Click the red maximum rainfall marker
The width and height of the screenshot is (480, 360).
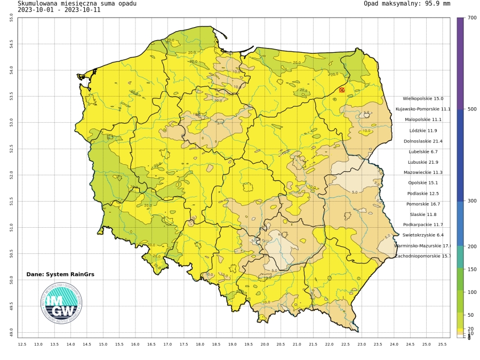(342, 90)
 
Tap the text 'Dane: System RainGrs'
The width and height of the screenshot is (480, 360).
(60, 274)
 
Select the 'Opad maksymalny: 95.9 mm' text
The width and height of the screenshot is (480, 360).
(407, 3)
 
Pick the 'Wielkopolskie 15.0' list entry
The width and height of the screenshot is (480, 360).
(423, 99)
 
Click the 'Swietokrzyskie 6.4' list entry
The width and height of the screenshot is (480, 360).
(423, 235)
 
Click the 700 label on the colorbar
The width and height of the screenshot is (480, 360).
(471, 18)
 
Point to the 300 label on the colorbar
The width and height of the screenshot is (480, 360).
(471, 201)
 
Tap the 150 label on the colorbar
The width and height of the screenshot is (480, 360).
(471, 269)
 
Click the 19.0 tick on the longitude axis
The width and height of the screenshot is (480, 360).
(233, 345)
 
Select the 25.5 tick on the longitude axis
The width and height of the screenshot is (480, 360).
(442, 345)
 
